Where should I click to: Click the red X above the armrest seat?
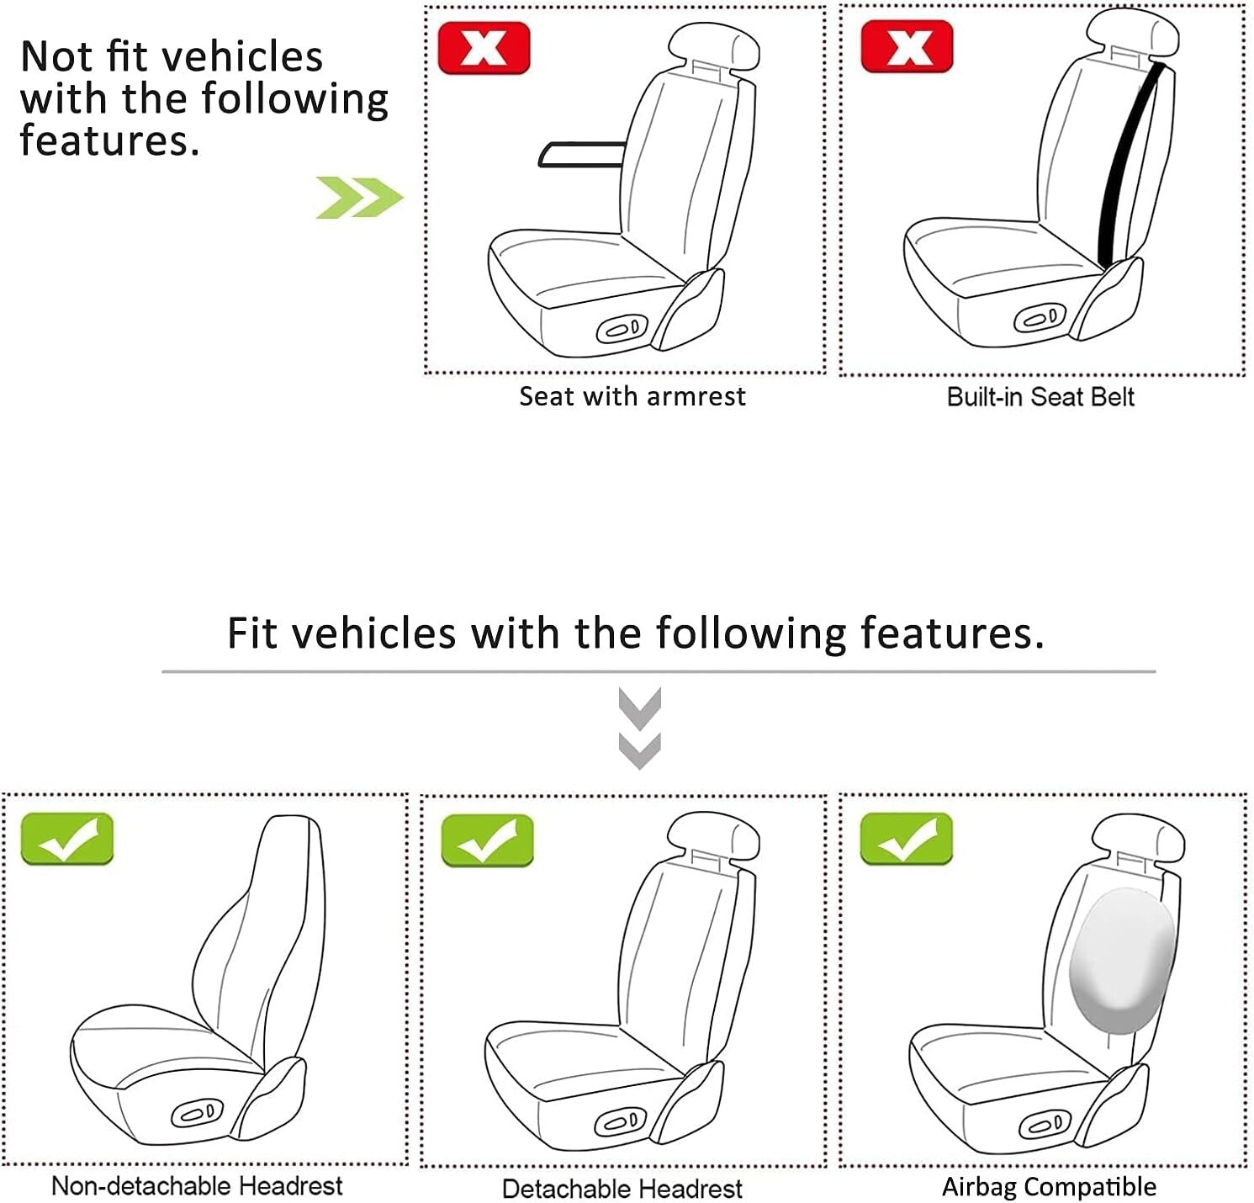tap(484, 48)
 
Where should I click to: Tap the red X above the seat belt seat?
tap(907, 46)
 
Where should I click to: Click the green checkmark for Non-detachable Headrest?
tap(66, 838)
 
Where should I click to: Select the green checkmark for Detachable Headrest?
tap(487, 840)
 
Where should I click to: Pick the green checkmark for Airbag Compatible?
tap(906, 838)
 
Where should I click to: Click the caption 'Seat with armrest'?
tap(632, 396)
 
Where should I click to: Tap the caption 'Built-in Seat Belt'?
tap(1040, 397)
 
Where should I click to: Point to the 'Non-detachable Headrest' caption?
tap(197, 1186)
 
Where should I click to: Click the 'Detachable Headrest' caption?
tap(622, 1189)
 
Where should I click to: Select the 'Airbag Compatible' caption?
tap(1049, 1187)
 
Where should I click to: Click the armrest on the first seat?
tap(580, 154)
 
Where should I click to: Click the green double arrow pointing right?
tap(359, 198)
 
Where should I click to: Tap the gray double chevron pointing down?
tap(639, 728)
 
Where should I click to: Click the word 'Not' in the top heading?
tap(56, 57)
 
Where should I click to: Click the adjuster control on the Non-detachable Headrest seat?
tap(198, 1112)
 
